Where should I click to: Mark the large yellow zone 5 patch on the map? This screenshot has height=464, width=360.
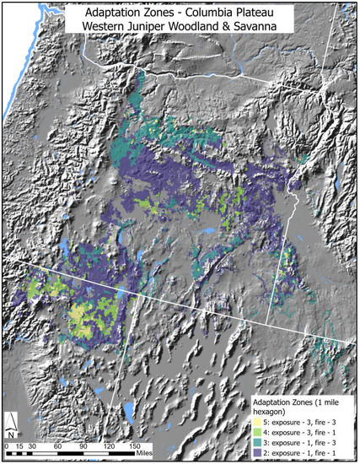pyautogui.click(x=78, y=317)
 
